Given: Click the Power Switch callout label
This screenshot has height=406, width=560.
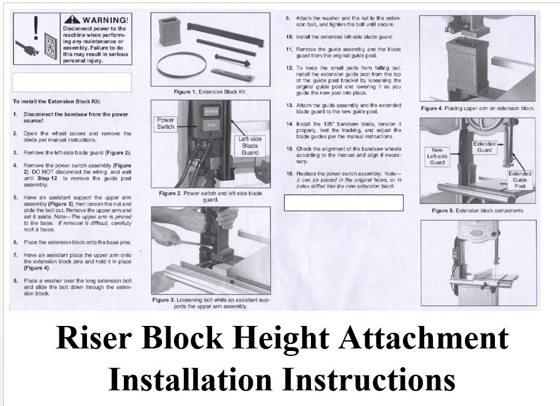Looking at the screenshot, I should (x=165, y=123).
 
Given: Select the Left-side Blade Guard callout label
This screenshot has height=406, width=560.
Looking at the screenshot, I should (x=250, y=145).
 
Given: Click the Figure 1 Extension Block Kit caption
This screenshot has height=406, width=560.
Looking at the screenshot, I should (x=210, y=92).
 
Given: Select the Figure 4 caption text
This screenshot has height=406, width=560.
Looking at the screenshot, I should (x=478, y=108).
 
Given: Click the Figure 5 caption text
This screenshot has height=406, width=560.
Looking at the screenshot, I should (x=478, y=210).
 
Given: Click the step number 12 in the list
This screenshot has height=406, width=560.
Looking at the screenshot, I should (x=290, y=67).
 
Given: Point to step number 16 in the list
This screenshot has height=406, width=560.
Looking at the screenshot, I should (x=290, y=173).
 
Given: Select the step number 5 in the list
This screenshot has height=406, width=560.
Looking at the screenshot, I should (x=16, y=197).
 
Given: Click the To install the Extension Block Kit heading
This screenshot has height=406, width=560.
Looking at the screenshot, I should (x=56, y=101).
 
